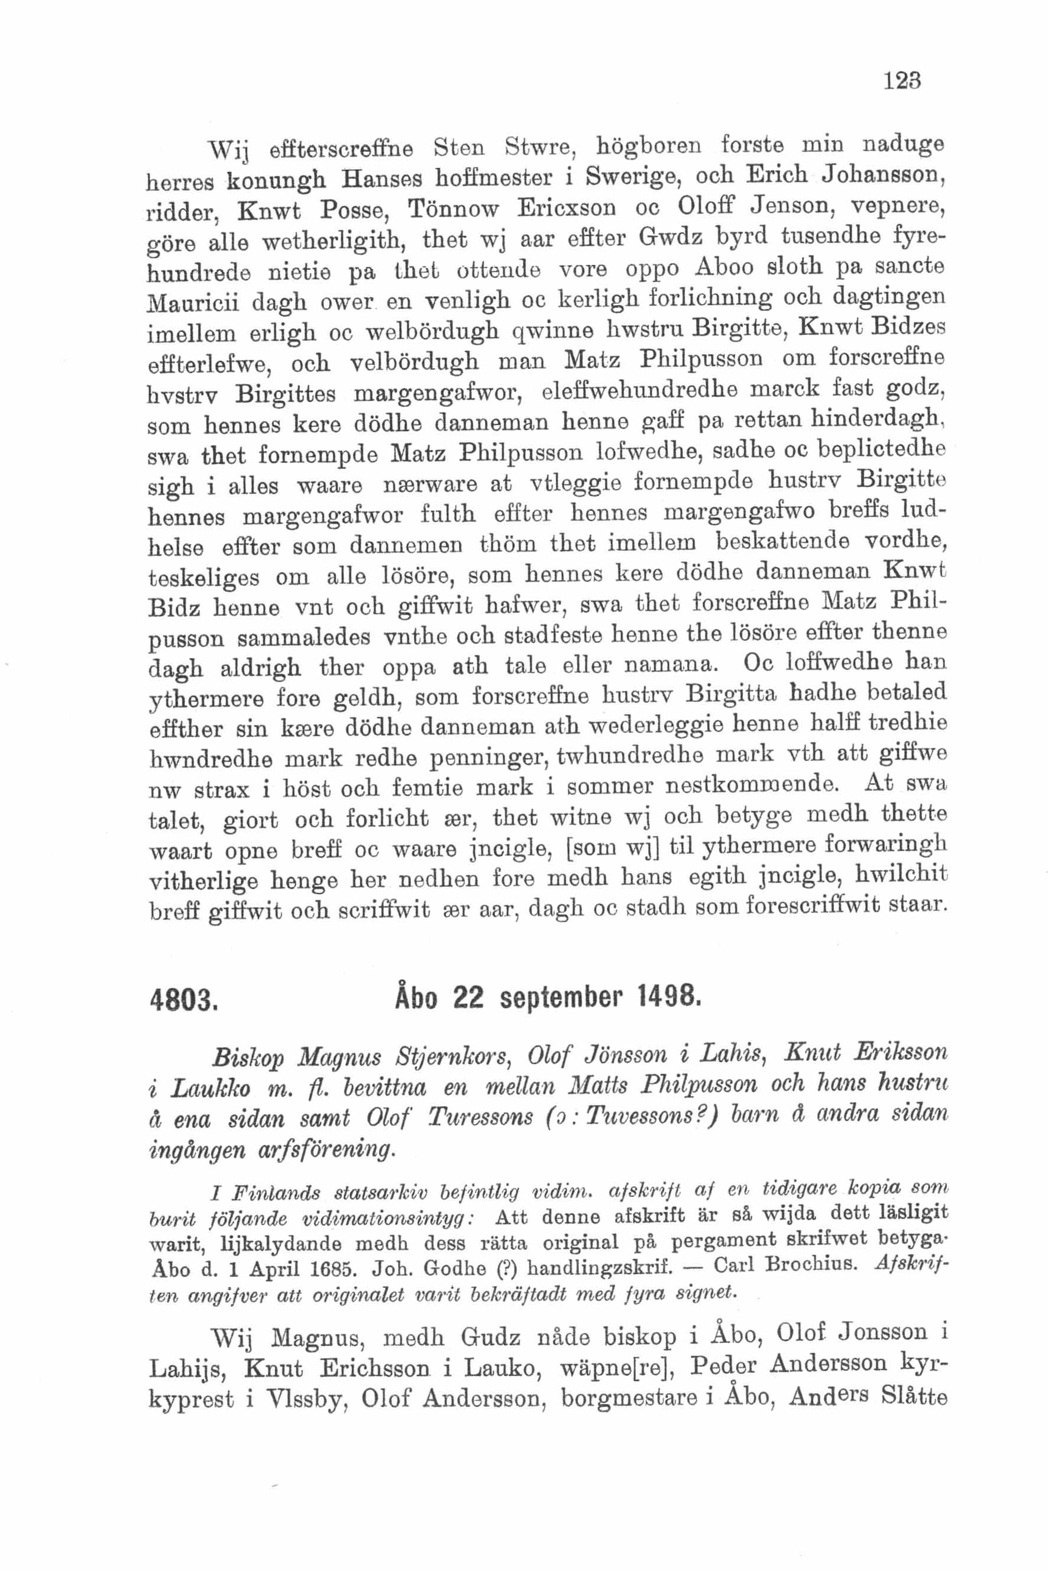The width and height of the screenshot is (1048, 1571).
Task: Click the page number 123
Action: pyautogui.click(x=902, y=82)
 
